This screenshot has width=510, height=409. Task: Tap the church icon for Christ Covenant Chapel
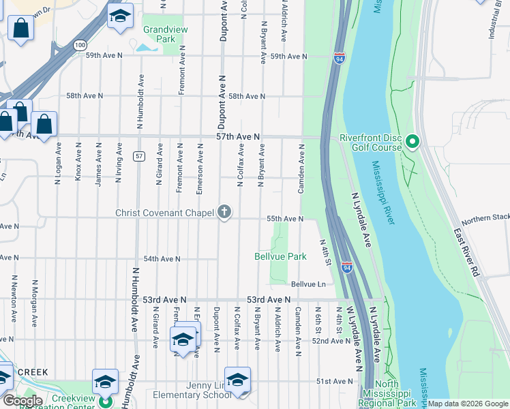(223, 212)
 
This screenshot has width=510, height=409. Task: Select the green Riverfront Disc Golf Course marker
(412, 142)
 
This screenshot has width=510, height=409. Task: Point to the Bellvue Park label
(280, 257)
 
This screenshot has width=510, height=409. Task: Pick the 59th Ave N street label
(288, 56)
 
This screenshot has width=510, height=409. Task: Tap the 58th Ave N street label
(246, 97)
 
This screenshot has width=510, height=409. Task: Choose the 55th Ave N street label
(284, 219)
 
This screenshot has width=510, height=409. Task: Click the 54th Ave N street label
(162, 259)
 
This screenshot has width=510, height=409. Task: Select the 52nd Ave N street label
(332, 340)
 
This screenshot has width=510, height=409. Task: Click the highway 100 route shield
(80, 44)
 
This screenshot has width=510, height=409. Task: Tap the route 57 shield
(138, 156)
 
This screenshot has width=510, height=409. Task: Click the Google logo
(23, 401)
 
